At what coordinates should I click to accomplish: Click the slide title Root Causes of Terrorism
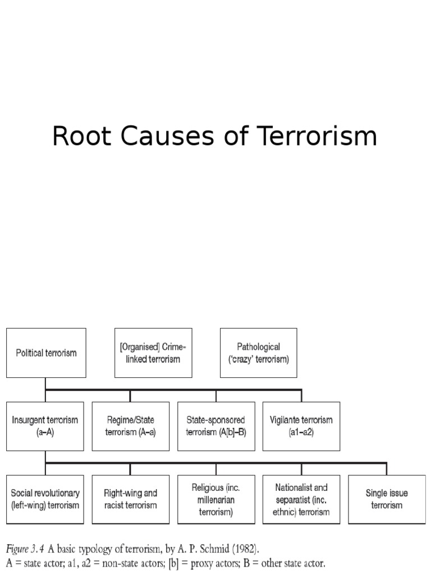pyautogui.click(x=215, y=137)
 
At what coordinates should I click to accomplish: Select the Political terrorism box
pyautogui.click(x=46, y=353)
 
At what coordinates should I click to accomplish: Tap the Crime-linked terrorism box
pyautogui.click(x=153, y=353)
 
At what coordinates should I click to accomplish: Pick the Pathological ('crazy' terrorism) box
pyautogui.click(x=259, y=353)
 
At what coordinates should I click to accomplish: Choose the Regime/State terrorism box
pyautogui.click(x=130, y=426)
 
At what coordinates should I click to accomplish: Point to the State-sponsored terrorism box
pyautogui.click(x=215, y=426)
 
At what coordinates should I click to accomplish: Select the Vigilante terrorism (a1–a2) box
pyautogui.click(x=301, y=426)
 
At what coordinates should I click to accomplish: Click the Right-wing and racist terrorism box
pyautogui.click(x=130, y=499)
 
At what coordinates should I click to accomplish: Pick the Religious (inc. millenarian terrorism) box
pyautogui.click(x=215, y=499)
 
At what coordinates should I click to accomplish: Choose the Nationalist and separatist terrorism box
pyautogui.click(x=301, y=499)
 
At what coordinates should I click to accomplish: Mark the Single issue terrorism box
pyautogui.click(x=386, y=499)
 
